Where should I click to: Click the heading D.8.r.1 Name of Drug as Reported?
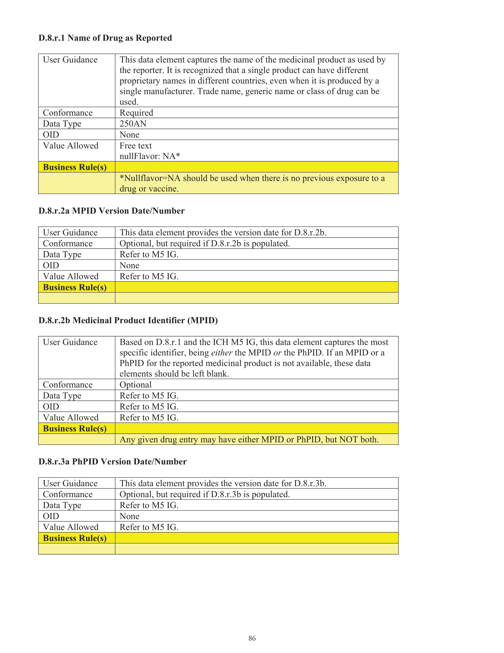105,38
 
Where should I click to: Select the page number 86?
252,638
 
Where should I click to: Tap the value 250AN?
133,124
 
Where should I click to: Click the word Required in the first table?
136,113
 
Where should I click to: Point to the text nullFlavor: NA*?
150,156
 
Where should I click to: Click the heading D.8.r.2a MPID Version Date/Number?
111,211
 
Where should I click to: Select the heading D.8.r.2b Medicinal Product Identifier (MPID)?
128,320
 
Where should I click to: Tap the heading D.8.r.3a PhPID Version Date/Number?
112,462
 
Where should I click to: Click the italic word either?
221,353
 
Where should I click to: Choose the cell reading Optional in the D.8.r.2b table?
135,385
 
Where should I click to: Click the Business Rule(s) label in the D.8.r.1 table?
75,167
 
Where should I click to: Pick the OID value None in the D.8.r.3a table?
129,516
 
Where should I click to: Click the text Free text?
136,146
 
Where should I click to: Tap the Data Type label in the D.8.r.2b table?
62,396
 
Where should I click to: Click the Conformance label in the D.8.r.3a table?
68,495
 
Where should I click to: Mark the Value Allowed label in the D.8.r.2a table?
71,276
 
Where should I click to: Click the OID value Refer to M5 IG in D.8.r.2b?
149,407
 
